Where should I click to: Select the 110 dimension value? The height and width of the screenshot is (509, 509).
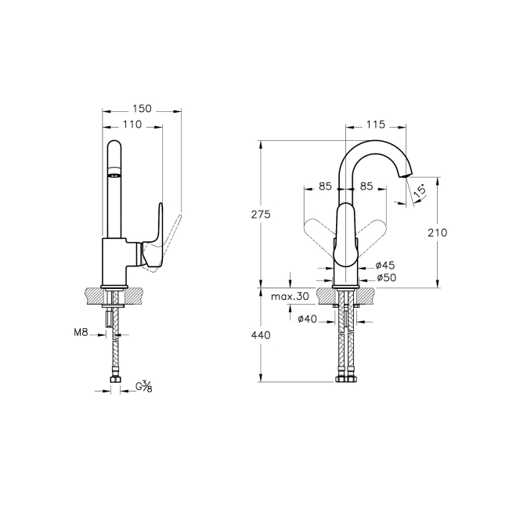(132, 124)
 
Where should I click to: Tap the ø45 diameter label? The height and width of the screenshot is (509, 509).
(384, 265)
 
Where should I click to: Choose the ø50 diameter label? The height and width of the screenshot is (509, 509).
(384, 277)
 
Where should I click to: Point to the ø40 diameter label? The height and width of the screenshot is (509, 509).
(308, 318)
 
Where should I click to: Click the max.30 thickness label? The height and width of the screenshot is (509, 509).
(289, 298)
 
